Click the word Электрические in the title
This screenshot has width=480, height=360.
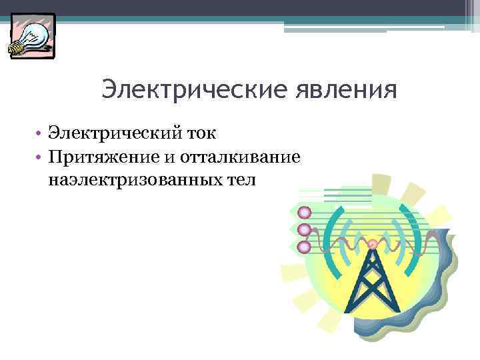pos(170,89)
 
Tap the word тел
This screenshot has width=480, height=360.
pos(241,179)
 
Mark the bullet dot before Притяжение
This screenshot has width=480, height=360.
pos(40,157)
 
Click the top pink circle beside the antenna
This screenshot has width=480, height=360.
pos(304,213)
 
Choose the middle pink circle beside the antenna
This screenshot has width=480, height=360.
pos(304,230)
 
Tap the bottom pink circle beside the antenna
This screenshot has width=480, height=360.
pos(304,247)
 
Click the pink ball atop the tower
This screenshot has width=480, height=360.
pos(372,245)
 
